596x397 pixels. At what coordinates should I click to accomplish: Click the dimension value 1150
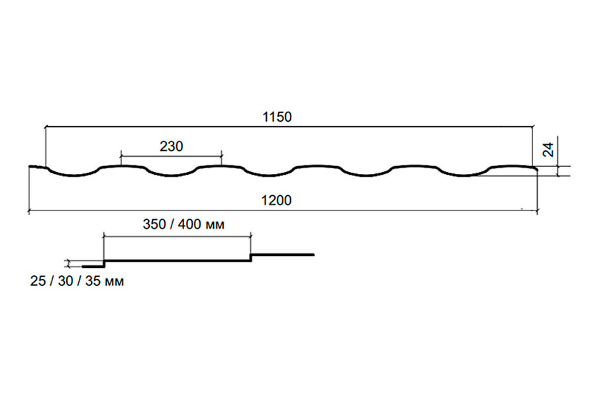277,116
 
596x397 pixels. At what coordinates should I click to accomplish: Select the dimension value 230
172,146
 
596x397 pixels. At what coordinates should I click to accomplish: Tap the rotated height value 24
548,150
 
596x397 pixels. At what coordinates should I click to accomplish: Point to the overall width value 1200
276,200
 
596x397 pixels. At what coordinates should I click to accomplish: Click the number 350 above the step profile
154,224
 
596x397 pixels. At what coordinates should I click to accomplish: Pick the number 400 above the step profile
189,224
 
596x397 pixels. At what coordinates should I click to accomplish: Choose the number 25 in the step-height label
38,281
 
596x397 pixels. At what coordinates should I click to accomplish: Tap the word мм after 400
215,225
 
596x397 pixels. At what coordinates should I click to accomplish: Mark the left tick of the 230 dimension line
121,155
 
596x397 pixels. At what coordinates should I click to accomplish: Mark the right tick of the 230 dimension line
221,155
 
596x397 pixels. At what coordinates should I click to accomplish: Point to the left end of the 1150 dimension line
46,127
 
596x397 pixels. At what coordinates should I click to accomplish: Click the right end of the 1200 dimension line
537,210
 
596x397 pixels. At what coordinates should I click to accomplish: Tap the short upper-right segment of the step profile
282,255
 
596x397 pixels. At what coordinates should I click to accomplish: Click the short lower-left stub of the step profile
93,266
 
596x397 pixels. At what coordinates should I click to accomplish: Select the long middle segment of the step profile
177,261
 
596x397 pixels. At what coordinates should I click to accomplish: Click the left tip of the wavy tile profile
30,166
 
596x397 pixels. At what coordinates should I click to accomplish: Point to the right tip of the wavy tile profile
536,169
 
